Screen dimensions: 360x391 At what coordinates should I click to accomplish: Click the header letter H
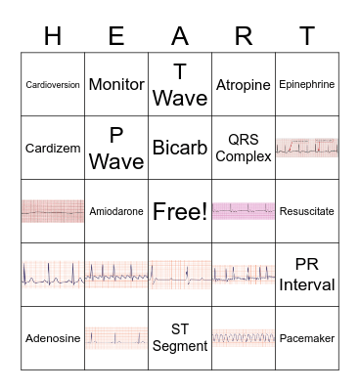[x=53, y=36]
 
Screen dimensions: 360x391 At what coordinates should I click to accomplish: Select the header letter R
[x=244, y=36]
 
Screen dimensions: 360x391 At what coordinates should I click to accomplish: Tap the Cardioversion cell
[x=53, y=85]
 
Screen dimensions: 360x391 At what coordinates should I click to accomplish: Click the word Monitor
[x=116, y=85]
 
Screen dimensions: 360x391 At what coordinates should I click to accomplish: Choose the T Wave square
[x=180, y=85]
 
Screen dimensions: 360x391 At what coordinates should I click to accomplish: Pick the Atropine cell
[x=244, y=85]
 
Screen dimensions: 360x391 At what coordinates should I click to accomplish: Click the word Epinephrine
[x=306, y=85]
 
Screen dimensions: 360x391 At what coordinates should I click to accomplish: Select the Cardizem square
[x=53, y=149]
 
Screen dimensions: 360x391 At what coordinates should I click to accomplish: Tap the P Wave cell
[x=116, y=149]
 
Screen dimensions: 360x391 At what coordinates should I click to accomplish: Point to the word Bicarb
[x=180, y=149]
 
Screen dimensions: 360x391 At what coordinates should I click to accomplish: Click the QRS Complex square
[x=244, y=148]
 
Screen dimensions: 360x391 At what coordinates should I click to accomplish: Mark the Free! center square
[x=180, y=211]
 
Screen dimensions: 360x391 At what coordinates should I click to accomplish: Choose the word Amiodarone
[x=116, y=211]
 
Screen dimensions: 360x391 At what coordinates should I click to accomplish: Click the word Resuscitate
[x=306, y=211]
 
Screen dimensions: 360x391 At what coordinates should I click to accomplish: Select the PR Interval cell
[x=306, y=275]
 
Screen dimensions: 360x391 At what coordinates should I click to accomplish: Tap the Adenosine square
[x=53, y=338]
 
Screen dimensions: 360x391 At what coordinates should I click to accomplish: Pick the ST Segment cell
[x=180, y=338]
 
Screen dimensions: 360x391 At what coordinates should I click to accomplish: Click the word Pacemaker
[x=306, y=338]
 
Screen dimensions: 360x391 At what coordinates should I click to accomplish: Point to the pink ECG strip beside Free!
[x=244, y=210]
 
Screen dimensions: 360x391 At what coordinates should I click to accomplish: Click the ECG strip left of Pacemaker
[x=244, y=338]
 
